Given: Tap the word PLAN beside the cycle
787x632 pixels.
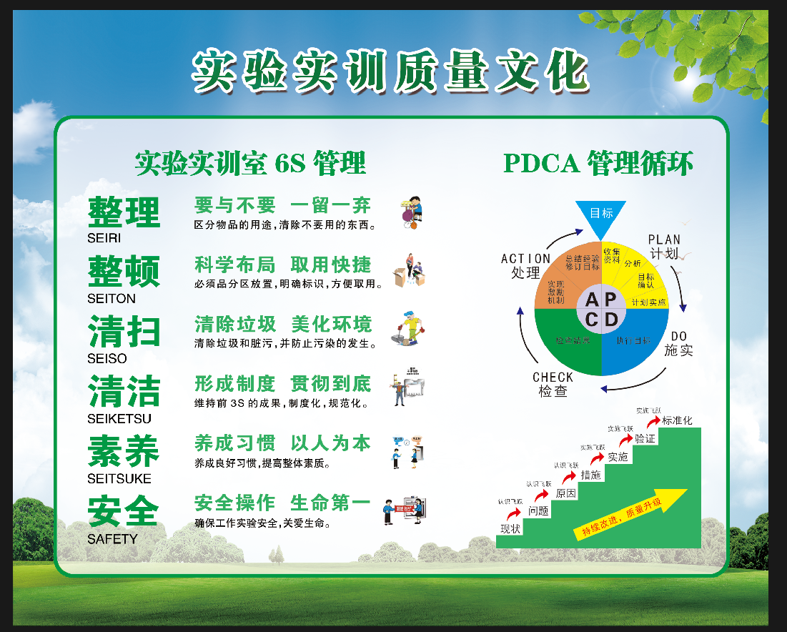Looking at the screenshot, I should coord(664,240).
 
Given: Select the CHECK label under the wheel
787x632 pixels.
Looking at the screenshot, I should coord(553,377).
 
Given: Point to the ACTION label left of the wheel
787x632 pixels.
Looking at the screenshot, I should coord(525,259).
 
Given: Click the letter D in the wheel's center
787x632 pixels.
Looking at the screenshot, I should coord(610,320).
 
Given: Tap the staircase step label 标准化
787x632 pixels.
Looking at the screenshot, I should coord(677,420).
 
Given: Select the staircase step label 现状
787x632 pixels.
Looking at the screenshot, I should coord(510,528).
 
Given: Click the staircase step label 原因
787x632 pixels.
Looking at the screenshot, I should coord(565,493).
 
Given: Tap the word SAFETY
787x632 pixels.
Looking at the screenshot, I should coord(112,539).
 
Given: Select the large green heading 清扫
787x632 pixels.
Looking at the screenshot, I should coord(124,332).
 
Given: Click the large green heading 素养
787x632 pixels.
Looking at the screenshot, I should coord(124,452).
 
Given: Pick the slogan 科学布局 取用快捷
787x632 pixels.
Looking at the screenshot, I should coord(283,265).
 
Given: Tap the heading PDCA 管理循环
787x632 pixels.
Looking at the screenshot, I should coord(598,164).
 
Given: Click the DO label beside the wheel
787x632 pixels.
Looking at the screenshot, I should coord(678,337).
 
